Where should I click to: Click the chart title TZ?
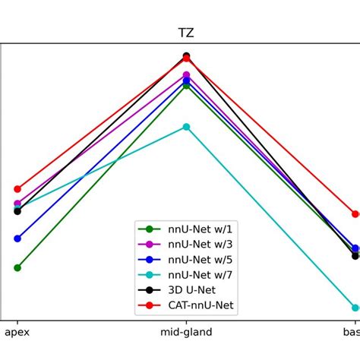pos(186,33)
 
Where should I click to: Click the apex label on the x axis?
pos(17,333)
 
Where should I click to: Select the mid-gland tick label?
pos(186,333)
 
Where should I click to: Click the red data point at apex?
pos(17,188)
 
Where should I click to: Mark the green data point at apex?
pos(17,267)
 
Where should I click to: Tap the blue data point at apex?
pos(17,238)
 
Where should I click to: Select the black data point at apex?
pos(17,211)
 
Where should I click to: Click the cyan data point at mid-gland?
pos(186,127)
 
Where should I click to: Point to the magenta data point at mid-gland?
pos(186,74)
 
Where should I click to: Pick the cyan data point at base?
pos(355,308)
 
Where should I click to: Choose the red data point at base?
pos(355,214)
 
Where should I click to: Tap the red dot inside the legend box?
pos(149,305)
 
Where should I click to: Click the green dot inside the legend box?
pos(149,229)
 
